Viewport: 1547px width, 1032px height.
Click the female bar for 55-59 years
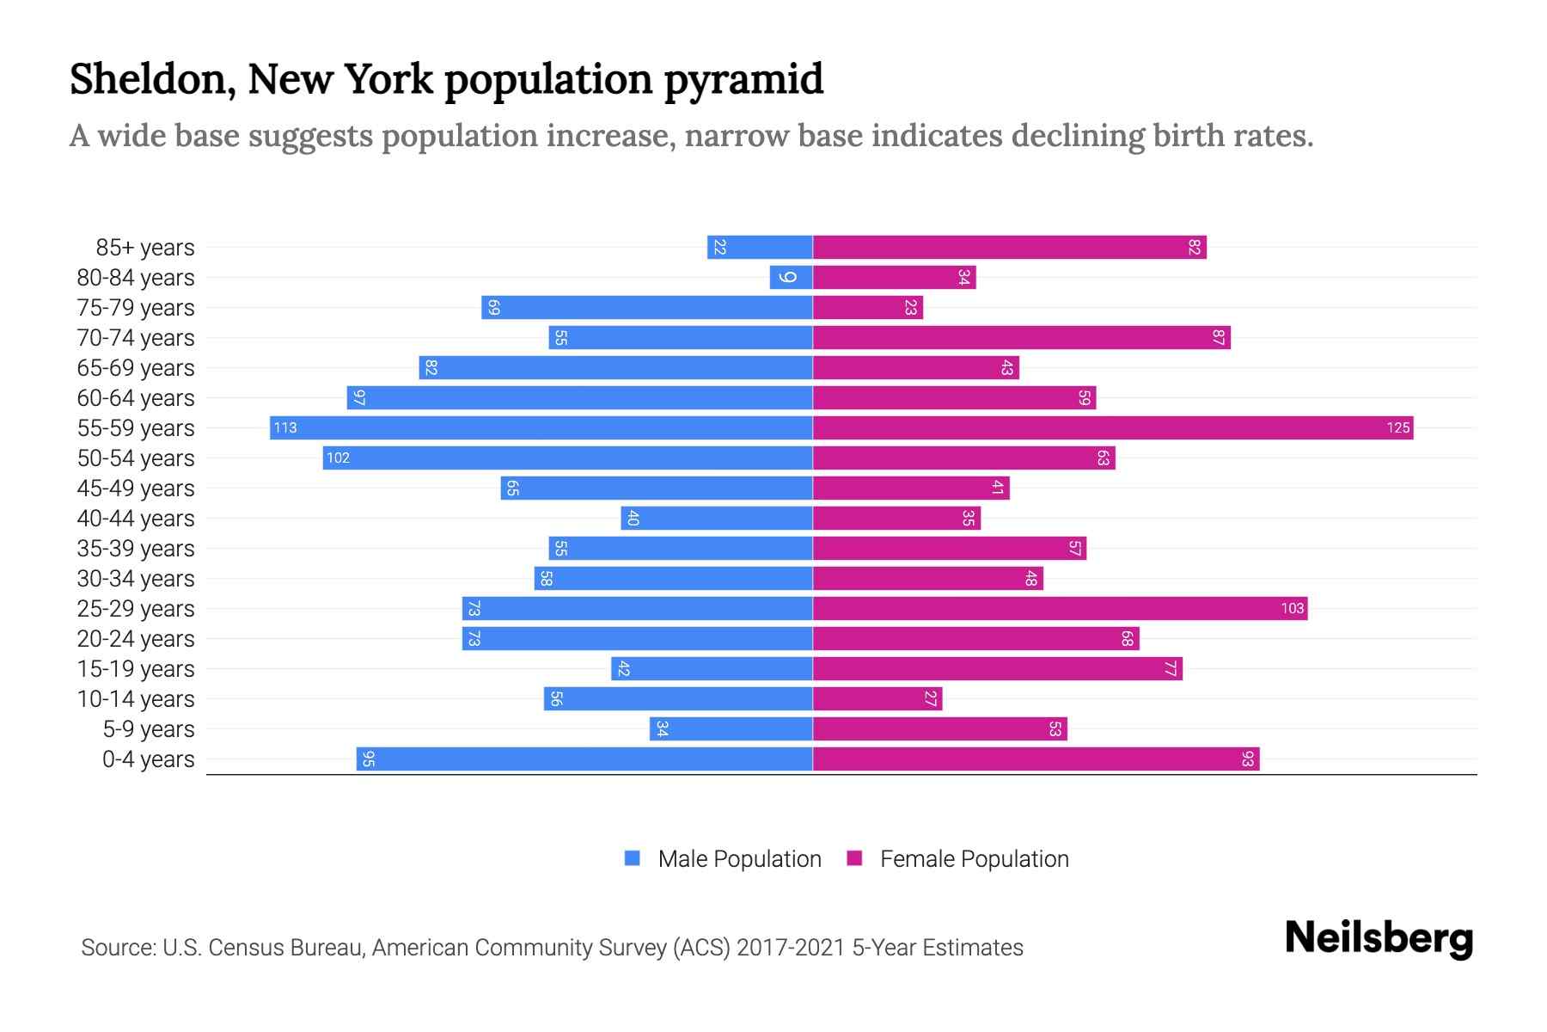tap(1113, 427)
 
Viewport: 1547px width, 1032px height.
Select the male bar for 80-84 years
tap(791, 277)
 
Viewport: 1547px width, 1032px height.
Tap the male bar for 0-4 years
tap(584, 759)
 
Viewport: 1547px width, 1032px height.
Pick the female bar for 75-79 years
tap(868, 307)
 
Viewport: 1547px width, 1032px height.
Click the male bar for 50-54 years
tap(567, 458)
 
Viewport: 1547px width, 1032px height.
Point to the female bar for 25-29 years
tap(1060, 608)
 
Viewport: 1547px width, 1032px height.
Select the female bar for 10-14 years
tap(877, 698)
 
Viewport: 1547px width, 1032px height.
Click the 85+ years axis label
tap(145, 248)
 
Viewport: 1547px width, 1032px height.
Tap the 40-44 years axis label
tap(136, 519)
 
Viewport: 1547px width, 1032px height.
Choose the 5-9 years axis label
tap(149, 729)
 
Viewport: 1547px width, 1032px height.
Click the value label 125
tap(1397, 427)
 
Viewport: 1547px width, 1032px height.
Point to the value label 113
tap(285, 427)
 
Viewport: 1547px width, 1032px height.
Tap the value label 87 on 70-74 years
tap(1218, 337)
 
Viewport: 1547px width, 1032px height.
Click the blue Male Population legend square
tap(633, 858)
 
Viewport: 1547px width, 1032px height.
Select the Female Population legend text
tap(974, 858)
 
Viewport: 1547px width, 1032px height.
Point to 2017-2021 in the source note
tap(790, 948)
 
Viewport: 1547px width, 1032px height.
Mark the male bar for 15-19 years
tap(712, 668)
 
